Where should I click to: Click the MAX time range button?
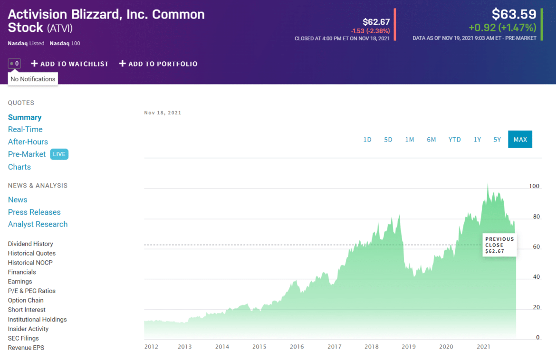pyautogui.click(x=520, y=139)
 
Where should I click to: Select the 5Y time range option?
pyautogui.click(x=497, y=140)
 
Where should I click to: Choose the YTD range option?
pyautogui.click(x=454, y=140)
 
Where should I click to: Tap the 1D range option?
pyautogui.click(x=367, y=140)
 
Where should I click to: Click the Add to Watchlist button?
pyautogui.click(x=70, y=64)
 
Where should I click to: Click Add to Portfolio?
pyautogui.click(x=158, y=64)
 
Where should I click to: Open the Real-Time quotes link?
pyautogui.click(x=25, y=129)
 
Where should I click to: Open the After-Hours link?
pyautogui.click(x=28, y=142)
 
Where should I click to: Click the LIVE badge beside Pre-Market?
pyautogui.click(x=59, y=154)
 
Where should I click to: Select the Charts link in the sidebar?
pyautogui.click(x=19, y=167)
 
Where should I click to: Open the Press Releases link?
pyautogui.click(x=34, y=212)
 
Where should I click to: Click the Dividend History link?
pyautogui.click(x=30, y=244)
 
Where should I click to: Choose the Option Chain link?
pyautogui.click(x=26, y=300)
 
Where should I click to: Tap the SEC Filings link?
pyautogui.click(x=23, y=338)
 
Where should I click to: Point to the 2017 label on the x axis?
pyautogui.click(x=334, y=347)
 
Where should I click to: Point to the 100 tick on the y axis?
pyautogui.click(x=534, y=186)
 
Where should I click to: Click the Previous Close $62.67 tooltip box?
pyautogui.click(x=499, y=245)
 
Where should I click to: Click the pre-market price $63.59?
pyautogui.click(x=514, y=14)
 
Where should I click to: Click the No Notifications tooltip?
pyautogui.click(x=33, y=79)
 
